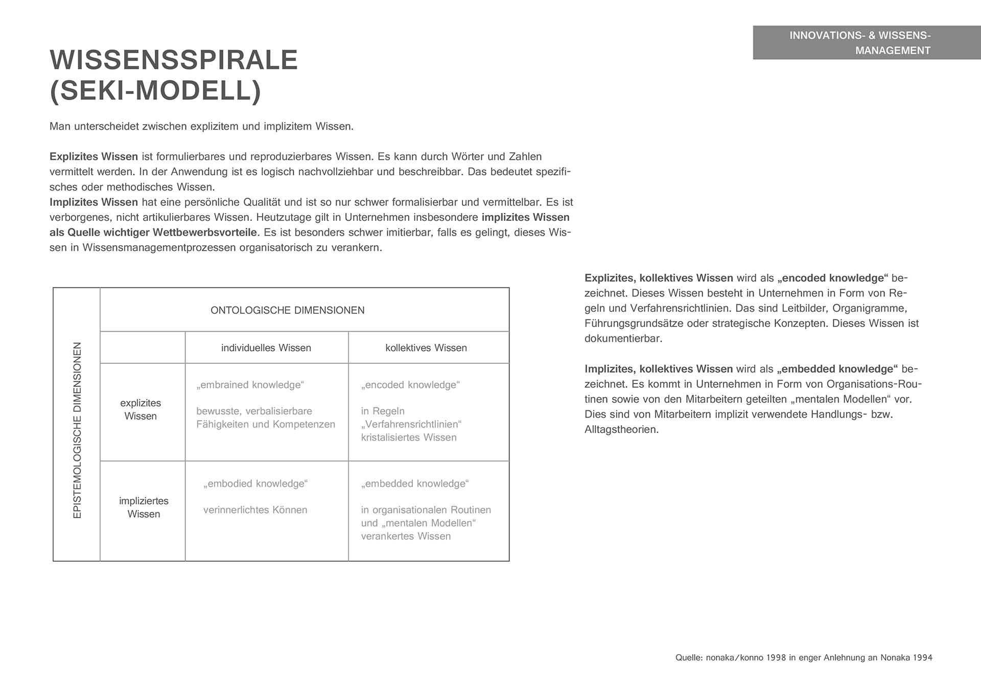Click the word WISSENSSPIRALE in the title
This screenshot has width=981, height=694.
[174, 60]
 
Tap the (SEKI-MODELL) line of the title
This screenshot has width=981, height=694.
[155, 91]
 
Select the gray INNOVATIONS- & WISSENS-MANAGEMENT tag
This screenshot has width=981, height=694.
[867, 43]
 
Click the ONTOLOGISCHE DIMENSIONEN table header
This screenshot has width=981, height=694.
[287, 310]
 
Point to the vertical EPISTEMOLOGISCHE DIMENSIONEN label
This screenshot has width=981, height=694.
[77, 430]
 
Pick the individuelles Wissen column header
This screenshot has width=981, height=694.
[266, 348]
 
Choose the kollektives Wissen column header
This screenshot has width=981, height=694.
[426, 348]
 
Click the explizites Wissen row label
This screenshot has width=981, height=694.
[141, 409]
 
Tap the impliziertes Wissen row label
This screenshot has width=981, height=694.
[144, 507]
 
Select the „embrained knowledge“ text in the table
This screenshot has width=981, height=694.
[250, 385]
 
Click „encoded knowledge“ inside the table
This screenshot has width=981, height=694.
[410, 385]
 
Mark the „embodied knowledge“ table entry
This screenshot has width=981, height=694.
[255, 483]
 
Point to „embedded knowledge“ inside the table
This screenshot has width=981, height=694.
[415, 483]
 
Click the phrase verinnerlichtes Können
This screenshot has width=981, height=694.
[255, 510]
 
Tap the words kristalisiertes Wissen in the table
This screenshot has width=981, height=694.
[409, 437]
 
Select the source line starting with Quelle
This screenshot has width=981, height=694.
[804, 658]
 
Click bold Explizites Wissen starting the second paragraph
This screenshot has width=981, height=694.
[94, 157]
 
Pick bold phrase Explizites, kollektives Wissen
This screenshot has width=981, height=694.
[659, 278]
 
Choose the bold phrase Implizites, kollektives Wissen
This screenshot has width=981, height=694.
[659, 369]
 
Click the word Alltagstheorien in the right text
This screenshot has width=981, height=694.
[621, 430]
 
